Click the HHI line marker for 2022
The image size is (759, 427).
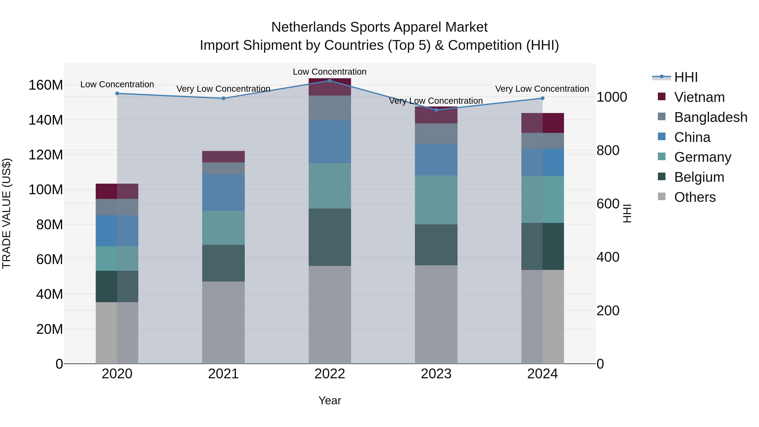click(330, 81)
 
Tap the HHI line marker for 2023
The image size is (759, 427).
click(436, 110)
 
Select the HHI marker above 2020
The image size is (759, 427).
click(117, 93)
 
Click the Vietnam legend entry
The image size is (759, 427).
click(699, 97)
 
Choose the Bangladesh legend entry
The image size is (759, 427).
click(710, 117)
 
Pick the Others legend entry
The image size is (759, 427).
click(694, 197)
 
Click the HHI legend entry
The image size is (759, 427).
click(685, 77)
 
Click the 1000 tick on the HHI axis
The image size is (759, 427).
click(612, 97)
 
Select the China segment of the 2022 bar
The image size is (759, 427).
click(330, 142)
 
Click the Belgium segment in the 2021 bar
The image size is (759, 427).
click(223, 263)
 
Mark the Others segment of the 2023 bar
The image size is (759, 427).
click(436, 314)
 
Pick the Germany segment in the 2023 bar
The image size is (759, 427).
click(436, 200)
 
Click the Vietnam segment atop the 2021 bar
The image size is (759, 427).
click(223, 156)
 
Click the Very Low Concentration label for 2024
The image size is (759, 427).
click(542, 89)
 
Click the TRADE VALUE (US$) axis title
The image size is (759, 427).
click(7, 213)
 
